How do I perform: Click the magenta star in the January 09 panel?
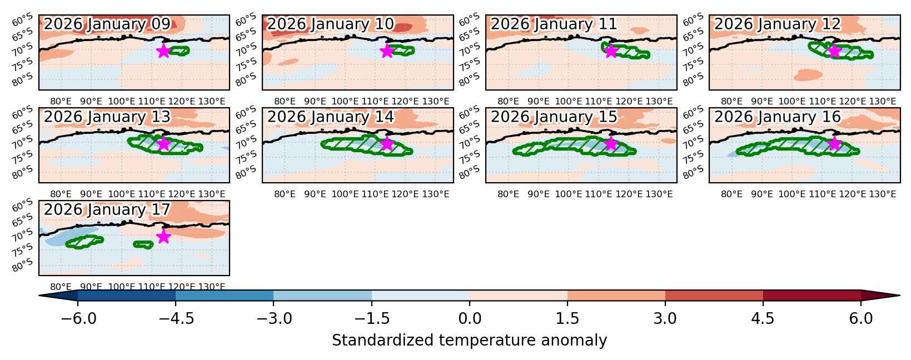click(163, 51)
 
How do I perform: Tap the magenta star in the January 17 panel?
click(163, 236)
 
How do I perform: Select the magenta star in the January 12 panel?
click(834, 51)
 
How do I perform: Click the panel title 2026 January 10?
click(330, 24)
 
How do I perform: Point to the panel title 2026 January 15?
click(554, 117)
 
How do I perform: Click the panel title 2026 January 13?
click(107, 117)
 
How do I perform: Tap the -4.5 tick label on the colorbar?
click(176, 318)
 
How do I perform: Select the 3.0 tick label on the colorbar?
click(665, 318)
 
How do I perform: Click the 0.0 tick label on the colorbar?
click(470, 318)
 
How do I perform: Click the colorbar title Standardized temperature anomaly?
click(469, 340)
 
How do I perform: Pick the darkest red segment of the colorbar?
click(812, 296)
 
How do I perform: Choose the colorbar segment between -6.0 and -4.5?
click(127, 296)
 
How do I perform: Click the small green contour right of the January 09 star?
click(179, 51)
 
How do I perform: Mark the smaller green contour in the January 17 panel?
click(143, 244)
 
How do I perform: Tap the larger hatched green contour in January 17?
click(84, 242)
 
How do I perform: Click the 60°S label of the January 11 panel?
click(469, 19)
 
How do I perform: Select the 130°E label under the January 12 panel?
click(882, 101)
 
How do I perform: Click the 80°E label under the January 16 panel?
click(731, 194)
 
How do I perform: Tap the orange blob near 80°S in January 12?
click(808, 75)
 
